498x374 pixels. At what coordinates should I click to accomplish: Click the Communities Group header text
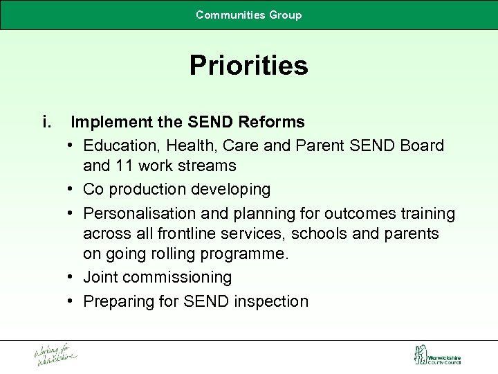click(x=249, y=15)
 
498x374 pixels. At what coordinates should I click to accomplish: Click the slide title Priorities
click(x=249, y=66)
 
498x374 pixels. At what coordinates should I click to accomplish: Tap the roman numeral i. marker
click(x=48, y=123)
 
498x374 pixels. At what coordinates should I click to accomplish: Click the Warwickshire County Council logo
click(x=436, y=355)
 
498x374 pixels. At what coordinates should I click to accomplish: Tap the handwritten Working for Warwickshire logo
click(x=55, y=354)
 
